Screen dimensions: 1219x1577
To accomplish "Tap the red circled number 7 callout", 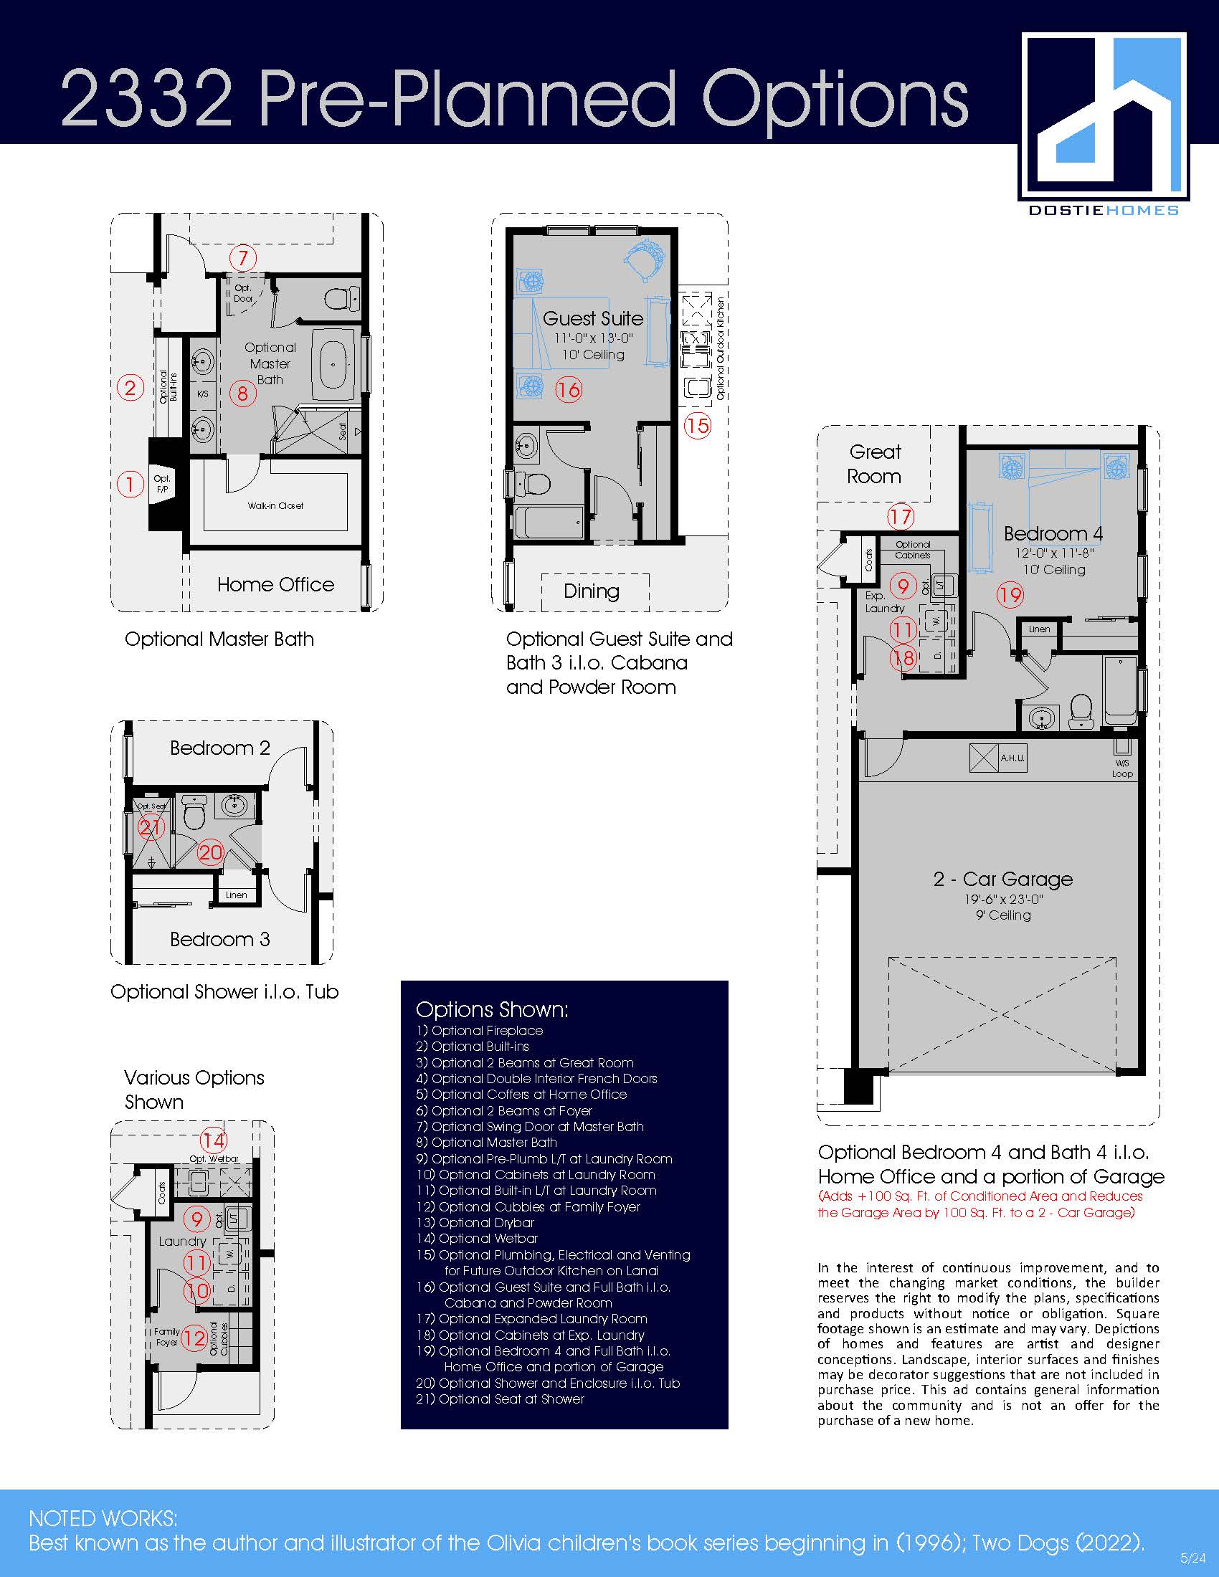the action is [242, 258].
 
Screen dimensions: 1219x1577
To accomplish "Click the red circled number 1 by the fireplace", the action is [130, 484].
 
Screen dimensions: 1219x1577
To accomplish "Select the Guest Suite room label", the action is [593, 318].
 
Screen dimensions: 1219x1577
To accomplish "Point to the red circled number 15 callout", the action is [697, 425].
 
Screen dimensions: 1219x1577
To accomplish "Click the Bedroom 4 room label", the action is [1053, 533].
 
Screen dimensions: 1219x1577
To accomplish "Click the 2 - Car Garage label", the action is [1003, 879].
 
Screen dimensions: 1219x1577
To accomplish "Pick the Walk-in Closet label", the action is [275, 505].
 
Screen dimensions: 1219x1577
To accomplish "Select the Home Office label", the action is [276, 584].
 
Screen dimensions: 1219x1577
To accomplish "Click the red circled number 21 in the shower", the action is [151, 826].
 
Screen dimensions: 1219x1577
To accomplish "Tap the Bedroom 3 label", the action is [219, 939].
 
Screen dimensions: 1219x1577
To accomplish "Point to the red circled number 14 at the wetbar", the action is [213, 1140].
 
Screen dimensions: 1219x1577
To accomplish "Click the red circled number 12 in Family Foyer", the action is [194, 1338].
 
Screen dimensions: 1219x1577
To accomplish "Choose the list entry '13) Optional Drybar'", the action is [475, 1222].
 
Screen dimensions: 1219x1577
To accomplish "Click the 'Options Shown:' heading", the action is [492, 1009].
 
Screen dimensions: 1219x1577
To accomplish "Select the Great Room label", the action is [875, 464].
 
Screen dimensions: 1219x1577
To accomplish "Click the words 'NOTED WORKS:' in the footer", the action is [103, 1518].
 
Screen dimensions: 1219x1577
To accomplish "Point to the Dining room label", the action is [592, 591].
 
